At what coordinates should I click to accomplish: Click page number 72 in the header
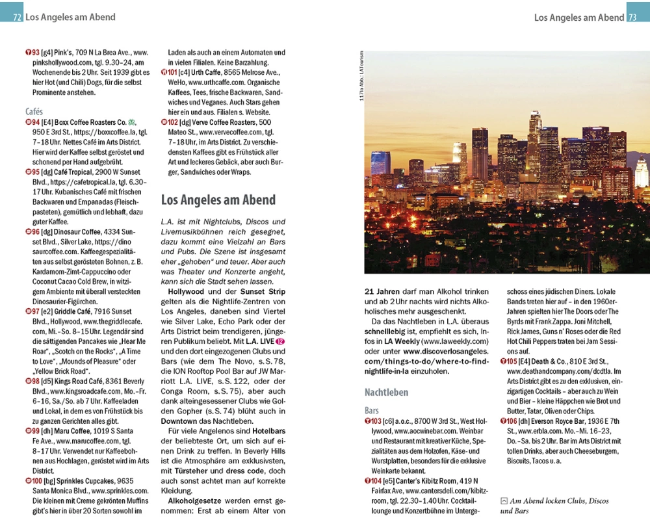click(17, 18)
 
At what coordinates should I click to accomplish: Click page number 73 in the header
click(632, 18)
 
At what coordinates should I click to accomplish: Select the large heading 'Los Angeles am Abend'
click(218, 200)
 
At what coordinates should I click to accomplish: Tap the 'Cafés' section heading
click(34, 111)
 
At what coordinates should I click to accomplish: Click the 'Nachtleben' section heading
click(386, 392)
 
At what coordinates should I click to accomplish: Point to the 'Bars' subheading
click(372, 411)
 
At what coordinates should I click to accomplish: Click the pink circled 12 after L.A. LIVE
click(280, 341)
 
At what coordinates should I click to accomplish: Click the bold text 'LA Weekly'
click(398, 341)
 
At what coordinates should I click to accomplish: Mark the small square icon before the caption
click(504, 500)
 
